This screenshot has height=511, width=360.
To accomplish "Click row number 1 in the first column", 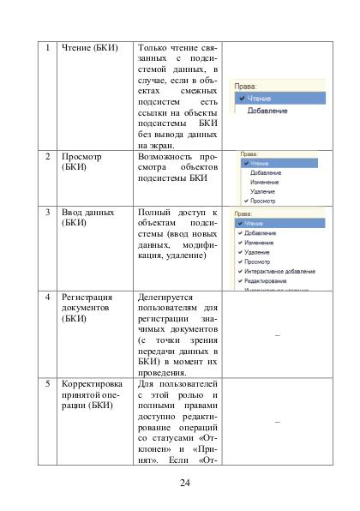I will click(x=48, y=46).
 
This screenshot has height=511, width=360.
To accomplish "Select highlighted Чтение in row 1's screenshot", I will click(x=259, y=99).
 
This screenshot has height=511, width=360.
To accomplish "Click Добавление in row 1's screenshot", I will click(x=267, y=111).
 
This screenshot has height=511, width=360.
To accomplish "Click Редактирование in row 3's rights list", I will click(x=266, y=280).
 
